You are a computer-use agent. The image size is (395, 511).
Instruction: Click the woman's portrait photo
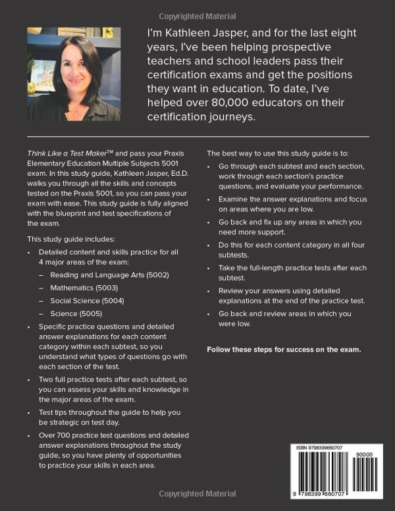(74, 74)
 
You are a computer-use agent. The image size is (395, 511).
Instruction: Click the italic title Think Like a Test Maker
(69, 151)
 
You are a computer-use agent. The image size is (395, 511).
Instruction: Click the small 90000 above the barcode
(363, 454)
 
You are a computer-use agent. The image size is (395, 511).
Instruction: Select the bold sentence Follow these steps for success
(284, 349)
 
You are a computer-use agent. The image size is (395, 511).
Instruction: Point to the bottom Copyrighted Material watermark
(197, 494)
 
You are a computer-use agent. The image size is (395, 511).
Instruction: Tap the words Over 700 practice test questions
(99, 435)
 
